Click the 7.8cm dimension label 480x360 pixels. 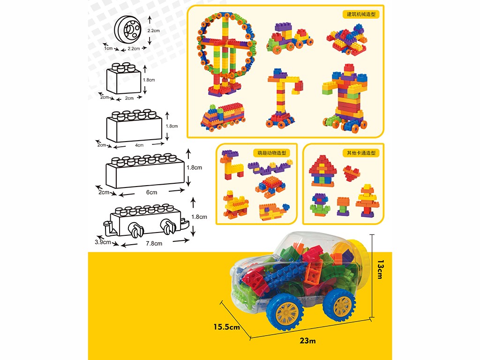[x=154, y=243]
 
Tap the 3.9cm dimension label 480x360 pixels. [x=103, y=242]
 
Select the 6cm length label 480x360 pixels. [x=151, y=192]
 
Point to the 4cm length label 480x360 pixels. [x=139, y=145]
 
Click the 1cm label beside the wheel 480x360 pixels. [x=108, y=48]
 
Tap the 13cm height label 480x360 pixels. [x=380, y=270]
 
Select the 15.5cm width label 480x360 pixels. [x=227, y=327]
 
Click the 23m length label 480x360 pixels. [x=308, y=341]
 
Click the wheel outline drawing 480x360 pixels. [x=128, y=30]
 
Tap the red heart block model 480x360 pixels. [x=351, y=173]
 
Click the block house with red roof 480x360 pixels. [x=322, y=171]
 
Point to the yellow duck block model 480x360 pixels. [x=235, y=204]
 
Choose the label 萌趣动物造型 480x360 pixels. [x=271, y=152]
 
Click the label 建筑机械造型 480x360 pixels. [x=361, y=14]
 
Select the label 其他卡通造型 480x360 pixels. [x=361, y=152]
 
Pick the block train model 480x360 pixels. [x=223, y=117]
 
